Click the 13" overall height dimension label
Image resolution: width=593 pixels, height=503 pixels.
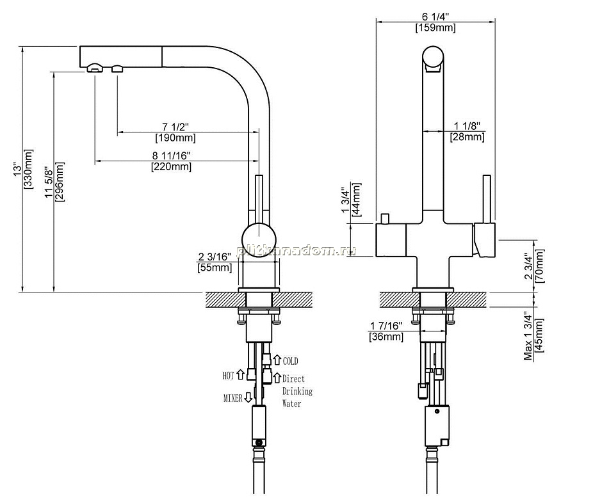(x=17, y=170)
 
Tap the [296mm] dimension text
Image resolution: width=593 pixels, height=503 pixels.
(x=60, y=182)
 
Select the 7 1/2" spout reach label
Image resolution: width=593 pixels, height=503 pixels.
(x=175, y=126)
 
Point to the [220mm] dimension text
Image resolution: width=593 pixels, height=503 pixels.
(x=172, y=166)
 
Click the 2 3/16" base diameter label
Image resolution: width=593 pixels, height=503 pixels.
(x=215, y=257)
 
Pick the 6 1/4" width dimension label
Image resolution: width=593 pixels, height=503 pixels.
(x=435, y=17)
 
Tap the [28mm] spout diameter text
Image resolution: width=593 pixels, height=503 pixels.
(x=467, y=136)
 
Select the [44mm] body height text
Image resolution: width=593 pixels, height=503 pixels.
(x=356, y=199)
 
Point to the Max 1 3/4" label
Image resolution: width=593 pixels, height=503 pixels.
(x=528, y=335)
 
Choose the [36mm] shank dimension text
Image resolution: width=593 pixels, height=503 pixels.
(x=386, y=337)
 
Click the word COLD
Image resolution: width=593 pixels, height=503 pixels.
(x=291, y=362)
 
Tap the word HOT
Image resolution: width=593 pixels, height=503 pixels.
(x=228, y=376)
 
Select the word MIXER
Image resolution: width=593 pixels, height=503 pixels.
(x=233, y=398)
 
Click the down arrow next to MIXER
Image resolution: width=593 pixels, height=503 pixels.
(x=248, y=397)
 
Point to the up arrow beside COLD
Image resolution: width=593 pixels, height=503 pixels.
(x=277, y=360)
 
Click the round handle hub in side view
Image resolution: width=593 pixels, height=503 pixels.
(x=259, y=240)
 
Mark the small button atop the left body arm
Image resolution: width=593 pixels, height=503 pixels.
(x=386, y=219)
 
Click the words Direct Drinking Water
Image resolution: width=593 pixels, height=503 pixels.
(x=297, y=391)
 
